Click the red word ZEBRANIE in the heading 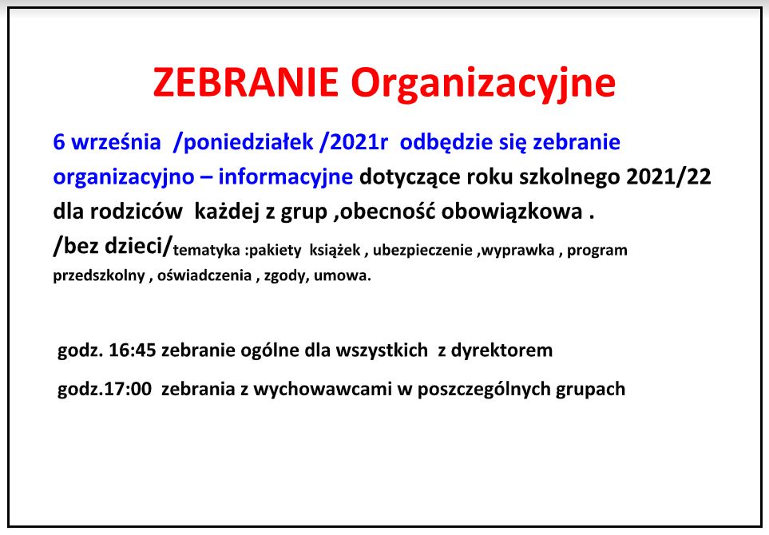[246, 82]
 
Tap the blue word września [117, 142]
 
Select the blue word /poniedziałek [244, 143]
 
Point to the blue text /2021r [354, 142]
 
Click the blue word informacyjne [285, 177]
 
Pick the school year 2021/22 [668, 177]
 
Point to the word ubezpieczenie [422, 251]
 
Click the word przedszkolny [99, 275]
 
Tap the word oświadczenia [204, 275]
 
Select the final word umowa [340, 276]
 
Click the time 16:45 [133, 351]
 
